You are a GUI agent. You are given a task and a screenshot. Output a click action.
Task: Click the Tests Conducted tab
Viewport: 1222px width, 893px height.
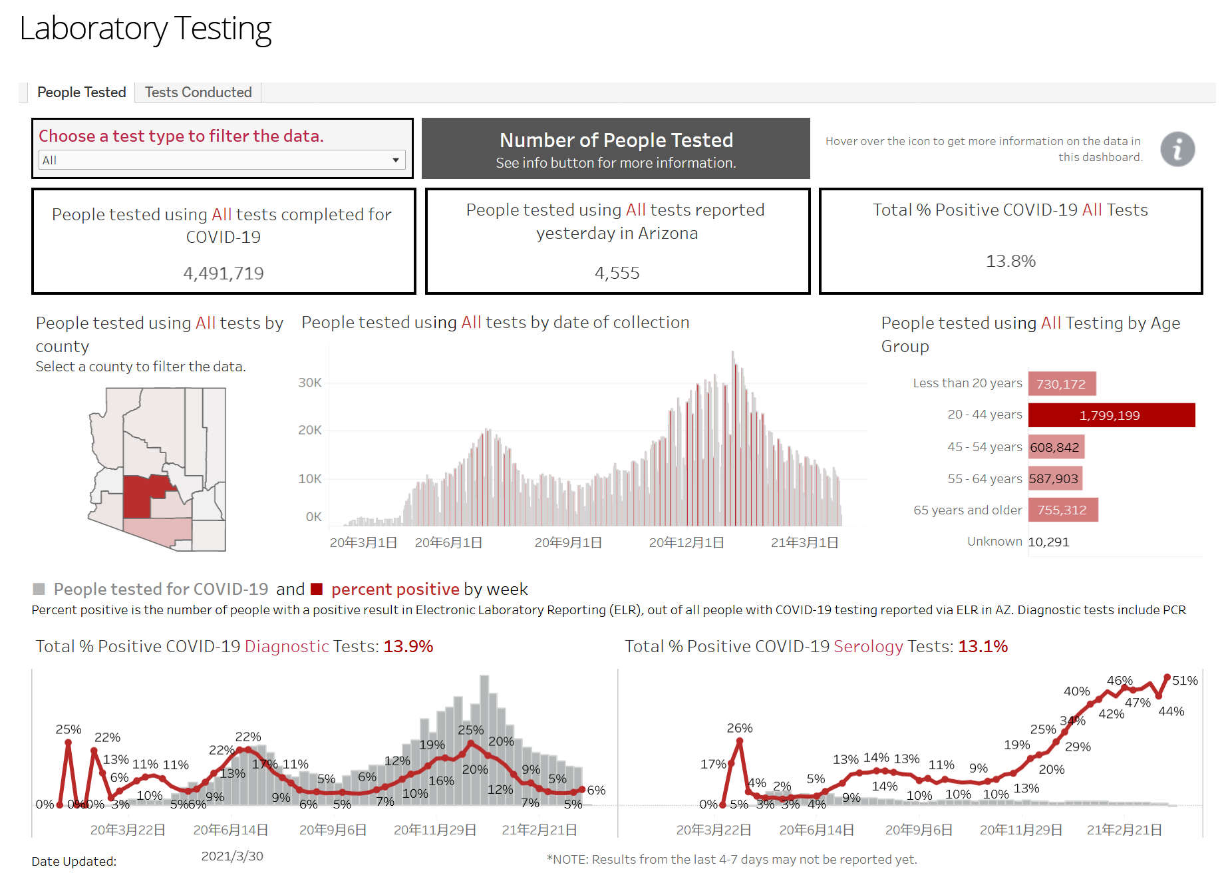(198, 92)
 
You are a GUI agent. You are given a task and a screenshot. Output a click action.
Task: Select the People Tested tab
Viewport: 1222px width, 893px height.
(81, 92)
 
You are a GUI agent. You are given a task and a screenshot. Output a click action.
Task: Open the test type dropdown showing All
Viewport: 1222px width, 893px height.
(222, 160)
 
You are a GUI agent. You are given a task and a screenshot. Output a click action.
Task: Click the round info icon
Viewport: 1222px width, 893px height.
(1177, 149)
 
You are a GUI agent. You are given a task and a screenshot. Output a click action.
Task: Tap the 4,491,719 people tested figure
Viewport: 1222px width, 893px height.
(224, 273)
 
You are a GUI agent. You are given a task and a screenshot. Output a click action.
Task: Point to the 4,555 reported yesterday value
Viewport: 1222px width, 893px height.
(617, 273)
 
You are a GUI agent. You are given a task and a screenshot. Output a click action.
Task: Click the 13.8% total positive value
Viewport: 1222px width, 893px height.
(1010, 261)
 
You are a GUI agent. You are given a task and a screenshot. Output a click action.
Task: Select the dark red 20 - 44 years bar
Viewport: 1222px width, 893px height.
(1111, 415)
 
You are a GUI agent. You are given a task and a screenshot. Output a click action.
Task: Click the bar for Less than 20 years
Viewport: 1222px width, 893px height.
(1062, 384)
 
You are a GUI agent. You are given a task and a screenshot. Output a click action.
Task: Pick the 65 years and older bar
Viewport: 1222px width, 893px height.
(1062, 510)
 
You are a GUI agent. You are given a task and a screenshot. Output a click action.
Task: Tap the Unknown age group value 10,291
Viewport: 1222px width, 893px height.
(1048, 542)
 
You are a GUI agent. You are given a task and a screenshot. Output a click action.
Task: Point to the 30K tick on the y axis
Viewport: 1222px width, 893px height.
(310, 383)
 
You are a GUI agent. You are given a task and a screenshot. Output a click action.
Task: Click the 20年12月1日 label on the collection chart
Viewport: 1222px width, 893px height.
(687, 543)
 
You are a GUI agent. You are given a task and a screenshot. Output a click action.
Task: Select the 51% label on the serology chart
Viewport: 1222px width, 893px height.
(1185, 681)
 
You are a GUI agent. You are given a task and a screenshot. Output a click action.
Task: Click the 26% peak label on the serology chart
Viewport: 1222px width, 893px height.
(740, 728)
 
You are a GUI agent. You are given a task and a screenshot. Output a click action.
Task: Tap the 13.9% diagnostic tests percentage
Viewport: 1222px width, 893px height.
(408, 646)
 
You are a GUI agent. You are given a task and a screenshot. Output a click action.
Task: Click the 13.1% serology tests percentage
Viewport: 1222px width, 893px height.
(983, 646)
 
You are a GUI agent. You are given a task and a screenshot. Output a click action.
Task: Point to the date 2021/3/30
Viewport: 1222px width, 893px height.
(232, 856)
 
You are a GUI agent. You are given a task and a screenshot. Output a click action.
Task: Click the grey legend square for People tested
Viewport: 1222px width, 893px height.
(39, 589)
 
